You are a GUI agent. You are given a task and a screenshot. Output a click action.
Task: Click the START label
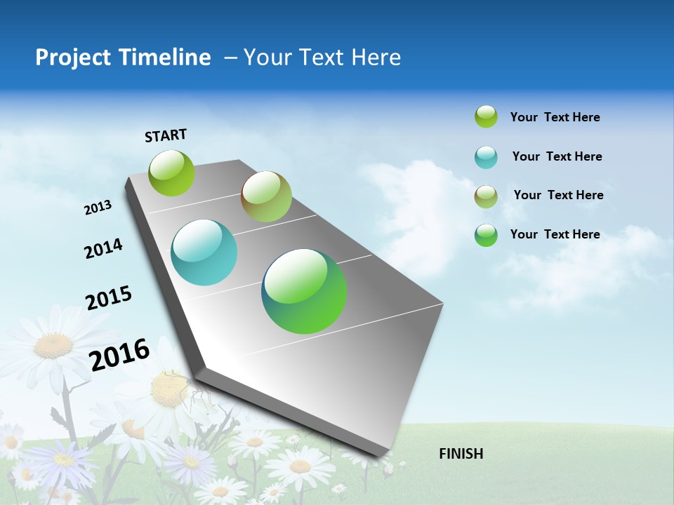coord(166,135)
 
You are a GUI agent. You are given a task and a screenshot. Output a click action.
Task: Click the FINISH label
coord(461,454)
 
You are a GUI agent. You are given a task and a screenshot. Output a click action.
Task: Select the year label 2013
coord(98,208)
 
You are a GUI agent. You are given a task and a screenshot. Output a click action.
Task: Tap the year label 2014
coord(103,249)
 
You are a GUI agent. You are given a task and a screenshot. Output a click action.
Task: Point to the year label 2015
coord(109,298)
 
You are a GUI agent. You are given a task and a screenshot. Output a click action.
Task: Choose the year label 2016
coord(120,355)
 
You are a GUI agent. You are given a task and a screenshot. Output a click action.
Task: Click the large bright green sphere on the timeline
coord(304,290)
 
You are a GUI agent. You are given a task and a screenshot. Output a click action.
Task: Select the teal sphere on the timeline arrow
coord(204,252)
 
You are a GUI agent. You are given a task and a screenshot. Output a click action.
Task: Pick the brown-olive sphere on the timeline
coord(266,196)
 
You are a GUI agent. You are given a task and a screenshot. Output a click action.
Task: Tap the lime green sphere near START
coord(171,173)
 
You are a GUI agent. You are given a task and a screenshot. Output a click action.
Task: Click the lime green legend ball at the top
coord(486,116)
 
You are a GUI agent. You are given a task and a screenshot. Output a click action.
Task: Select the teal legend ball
coord(486,157)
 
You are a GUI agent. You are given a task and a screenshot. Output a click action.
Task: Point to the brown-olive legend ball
coord(486,196)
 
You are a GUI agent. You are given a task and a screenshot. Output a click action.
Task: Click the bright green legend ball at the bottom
coord(486,235)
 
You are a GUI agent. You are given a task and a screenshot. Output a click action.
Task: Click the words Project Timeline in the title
coord(123,58)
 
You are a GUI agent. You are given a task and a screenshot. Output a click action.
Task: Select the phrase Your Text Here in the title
coord(322,58)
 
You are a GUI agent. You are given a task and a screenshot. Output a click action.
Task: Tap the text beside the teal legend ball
coord(557,156)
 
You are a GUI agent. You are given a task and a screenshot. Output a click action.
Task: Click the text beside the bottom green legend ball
coord(555,234)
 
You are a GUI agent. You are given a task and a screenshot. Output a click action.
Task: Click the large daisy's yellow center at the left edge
coord(54,345)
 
